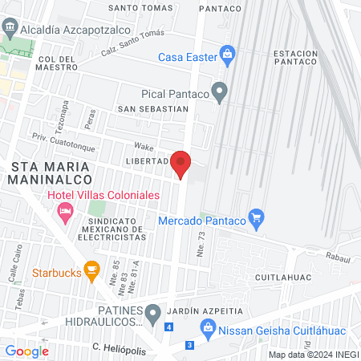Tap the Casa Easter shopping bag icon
point(227,55)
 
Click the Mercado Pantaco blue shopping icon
point(256,216)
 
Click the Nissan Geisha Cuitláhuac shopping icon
point(208,327)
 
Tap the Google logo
point(26,351)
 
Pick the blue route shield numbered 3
point(189,344)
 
